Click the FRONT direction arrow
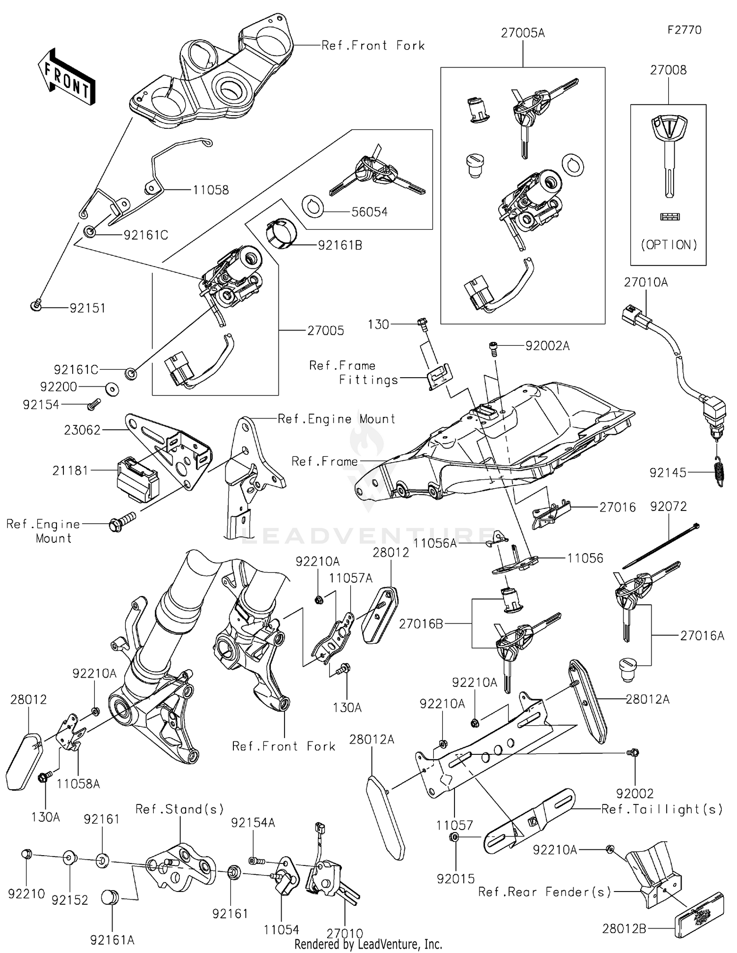(x=66, y=77)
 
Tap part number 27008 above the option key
(x=668, y=70)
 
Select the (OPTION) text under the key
(x=669, y=245)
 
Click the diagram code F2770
(x=684, y=30)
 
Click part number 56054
(x=369, y=212)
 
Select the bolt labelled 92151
(x=36, y=306)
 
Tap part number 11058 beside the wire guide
(x=210, y=190)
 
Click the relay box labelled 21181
(x=137, y=479)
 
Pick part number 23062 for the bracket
(x=82, y=430)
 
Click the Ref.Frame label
(x=324, y=461)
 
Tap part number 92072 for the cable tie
(x=668, y=506)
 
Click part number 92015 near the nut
(x=455, y=879)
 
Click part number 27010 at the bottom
(x=345, y=933)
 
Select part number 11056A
(x=435, y=543)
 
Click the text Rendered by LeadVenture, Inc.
(x=368, y=945)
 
